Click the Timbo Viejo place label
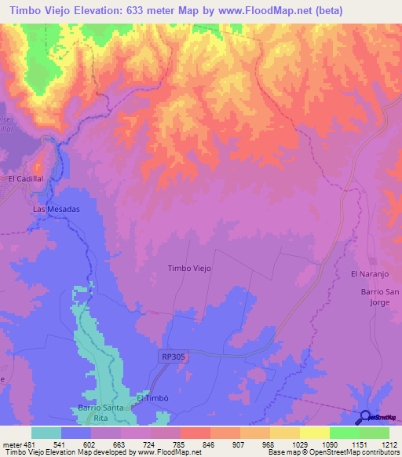click(190, 269)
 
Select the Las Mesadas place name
click(56, 210)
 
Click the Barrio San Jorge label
click(381, 297)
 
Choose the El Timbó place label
click(153, 398)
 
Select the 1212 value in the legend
click(389, 444)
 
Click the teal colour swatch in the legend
click(46, 433)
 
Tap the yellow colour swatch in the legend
click(315, 433)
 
